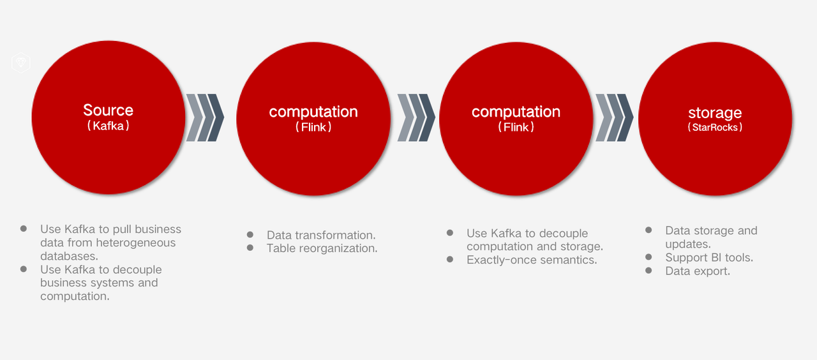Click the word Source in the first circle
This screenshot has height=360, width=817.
(x=109, y=110)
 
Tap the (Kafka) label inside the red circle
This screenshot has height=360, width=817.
(x=109, y=126)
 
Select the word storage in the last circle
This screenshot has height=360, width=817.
(x=715, y=113)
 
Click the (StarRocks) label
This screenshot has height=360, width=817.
(x=715, y=127)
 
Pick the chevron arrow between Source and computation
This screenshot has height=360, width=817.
(x=205, y=117)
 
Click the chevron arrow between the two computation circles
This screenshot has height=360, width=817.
(x=416, y=117)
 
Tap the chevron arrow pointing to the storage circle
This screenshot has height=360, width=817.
(x=615, y=117)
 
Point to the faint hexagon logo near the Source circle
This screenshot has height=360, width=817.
(x=21, y=63)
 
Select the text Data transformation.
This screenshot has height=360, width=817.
(x=321, y=236)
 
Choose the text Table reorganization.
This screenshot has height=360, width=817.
(x=322, y=248)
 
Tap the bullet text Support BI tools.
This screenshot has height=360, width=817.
(x=709, y=257)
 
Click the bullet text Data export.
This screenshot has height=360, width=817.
(x=698, y=271)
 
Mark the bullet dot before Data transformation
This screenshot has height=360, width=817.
(x=250, y=234)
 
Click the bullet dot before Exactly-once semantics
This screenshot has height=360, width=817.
(x=450, y=259)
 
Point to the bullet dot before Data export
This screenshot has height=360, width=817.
(x=648, y=270)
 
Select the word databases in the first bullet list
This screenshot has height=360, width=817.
(x=69, y=256)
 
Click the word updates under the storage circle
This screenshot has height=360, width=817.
(x=688, y=244)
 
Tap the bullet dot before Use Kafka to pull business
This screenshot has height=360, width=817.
(x=24, y=229)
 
